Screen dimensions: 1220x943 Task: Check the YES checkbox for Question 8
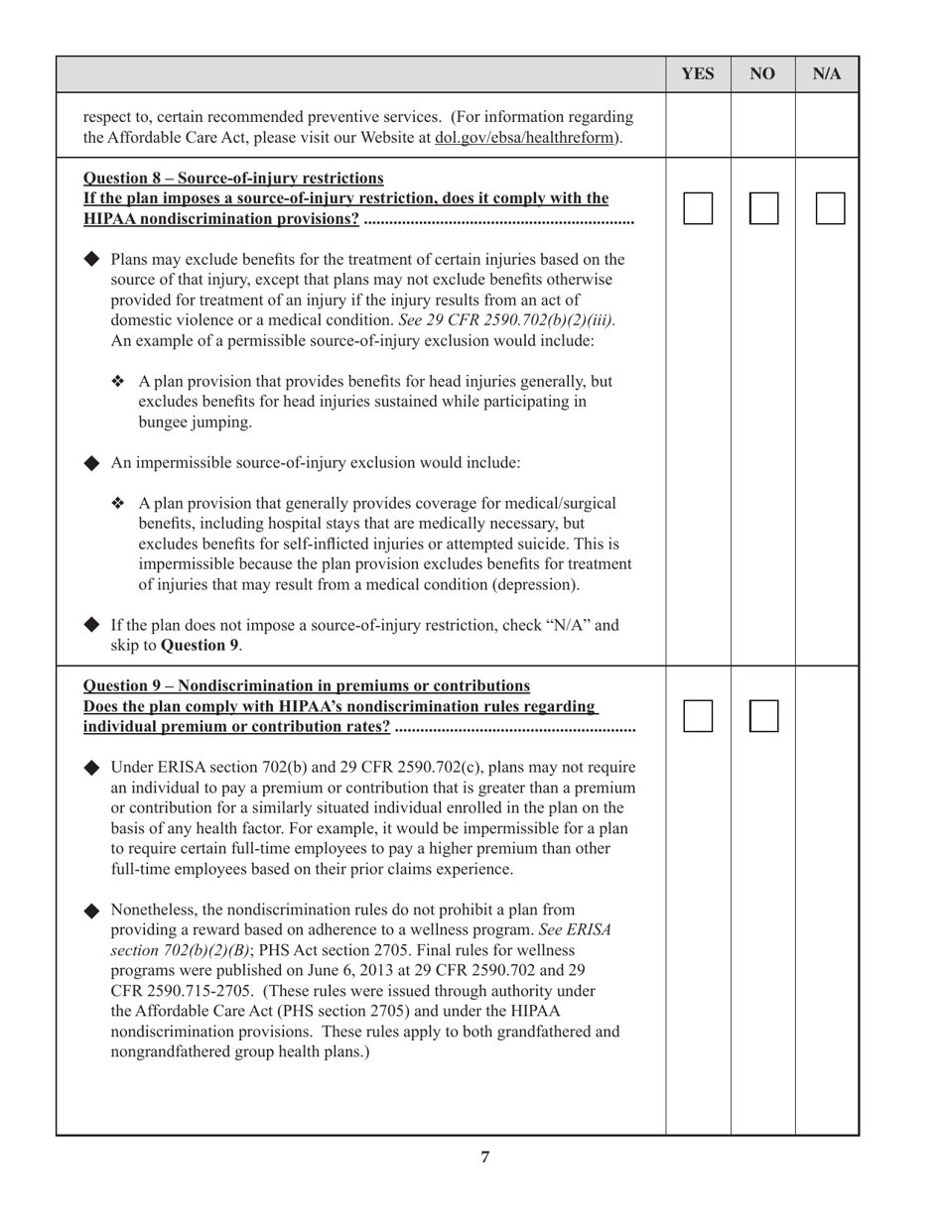698,208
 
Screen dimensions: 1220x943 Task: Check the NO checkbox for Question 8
763,208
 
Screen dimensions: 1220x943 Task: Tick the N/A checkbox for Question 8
830,208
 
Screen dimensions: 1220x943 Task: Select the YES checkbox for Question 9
698,716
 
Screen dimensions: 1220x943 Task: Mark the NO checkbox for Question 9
763,716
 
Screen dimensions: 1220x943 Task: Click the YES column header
698,74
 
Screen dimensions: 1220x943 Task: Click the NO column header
762,74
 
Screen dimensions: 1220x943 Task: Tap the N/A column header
827,74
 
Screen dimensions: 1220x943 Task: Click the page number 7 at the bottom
484,1157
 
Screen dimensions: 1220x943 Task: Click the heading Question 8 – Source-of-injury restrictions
233,179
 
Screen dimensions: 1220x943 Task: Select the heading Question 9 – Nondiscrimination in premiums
307,686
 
